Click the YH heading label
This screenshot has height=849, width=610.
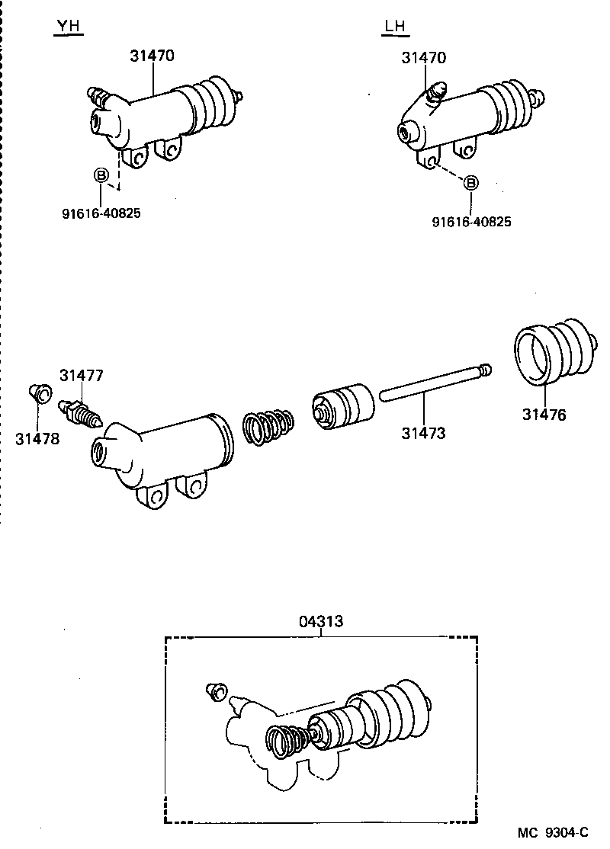[69, 27]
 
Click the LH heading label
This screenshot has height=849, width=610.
[394, 27]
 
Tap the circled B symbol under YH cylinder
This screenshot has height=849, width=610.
[101, 176]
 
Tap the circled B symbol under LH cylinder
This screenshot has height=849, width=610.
[471, 183]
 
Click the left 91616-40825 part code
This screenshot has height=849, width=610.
[101, 213]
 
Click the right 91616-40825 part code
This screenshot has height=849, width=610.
[471, 222]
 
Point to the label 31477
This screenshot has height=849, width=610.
[82, 376]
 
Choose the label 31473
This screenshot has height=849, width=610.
[424, 434]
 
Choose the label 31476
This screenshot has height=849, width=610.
[544, 415]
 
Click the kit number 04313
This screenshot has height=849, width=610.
[321, 622]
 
